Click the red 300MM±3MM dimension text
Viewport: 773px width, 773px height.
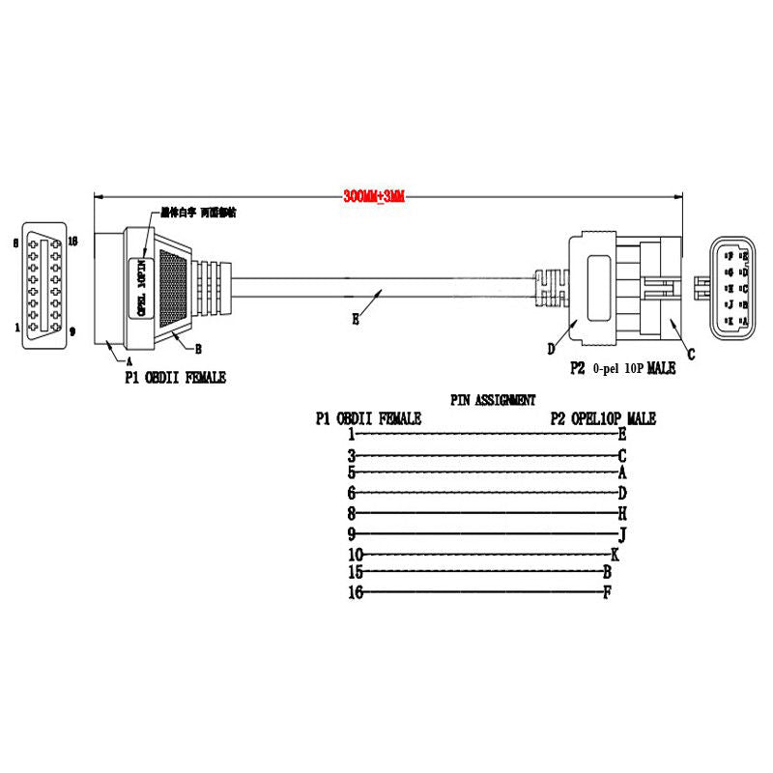click(x=373, y=197)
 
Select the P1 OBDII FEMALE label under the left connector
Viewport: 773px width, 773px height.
click(x=174, y=378)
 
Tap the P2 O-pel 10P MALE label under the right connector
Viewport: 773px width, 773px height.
click(x=622, y=368)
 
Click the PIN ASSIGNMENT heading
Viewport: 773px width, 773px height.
click(x=493, y=399)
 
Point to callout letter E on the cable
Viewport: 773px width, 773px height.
click(x=356, y=318)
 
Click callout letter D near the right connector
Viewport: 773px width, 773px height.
click(x=552, y=348)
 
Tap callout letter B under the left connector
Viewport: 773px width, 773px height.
click(x=197, y=348)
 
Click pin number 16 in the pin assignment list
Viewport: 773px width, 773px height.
click(x=355, y=592)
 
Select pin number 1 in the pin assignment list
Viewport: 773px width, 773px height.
click(x=352, y=434)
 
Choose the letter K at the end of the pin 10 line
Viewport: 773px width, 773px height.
click(x=615, y=554)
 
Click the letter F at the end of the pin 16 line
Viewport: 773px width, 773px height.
click(x=607, y=591)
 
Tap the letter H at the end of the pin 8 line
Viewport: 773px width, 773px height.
click(x=622, y=512)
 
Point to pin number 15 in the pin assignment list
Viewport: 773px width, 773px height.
click(x=355, y=572)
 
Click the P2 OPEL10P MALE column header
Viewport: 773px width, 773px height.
click(x=603, y=418)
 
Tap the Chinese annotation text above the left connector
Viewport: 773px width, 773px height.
click(x=198, y=211)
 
